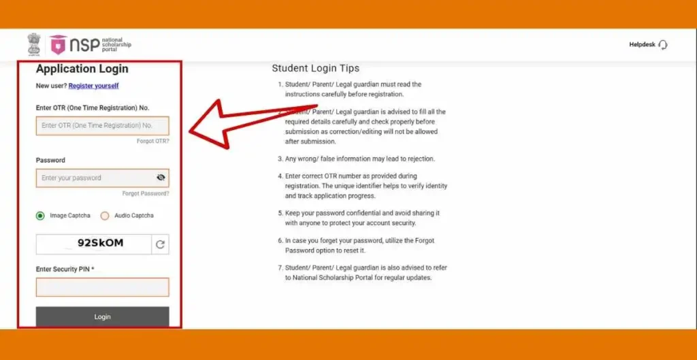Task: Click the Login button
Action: (x=102, y=316)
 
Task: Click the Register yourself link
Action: (x=93, y=86)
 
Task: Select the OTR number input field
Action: (x=102, y=126)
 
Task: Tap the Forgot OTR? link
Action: (x=152, y=141)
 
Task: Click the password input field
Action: (x=95, y=178)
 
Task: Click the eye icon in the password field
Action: (x=161, y=178)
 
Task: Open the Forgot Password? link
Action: (x=146, y=193)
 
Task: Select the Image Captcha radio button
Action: (x=40, y=216)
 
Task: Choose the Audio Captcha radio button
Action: (x=105, y=216)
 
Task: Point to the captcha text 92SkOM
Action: (x=100, y=243)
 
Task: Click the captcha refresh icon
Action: (x=160, y=244)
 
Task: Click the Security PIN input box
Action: (x=102, y=287)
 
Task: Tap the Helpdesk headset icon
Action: (x=663, y=45)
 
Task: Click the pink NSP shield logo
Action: (x=58, y=45)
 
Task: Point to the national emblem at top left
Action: (x=34, y=44)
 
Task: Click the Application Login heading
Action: (x=82, y=69)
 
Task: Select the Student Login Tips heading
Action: (x=315, y=68)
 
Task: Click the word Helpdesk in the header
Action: (x=642, y=45)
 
